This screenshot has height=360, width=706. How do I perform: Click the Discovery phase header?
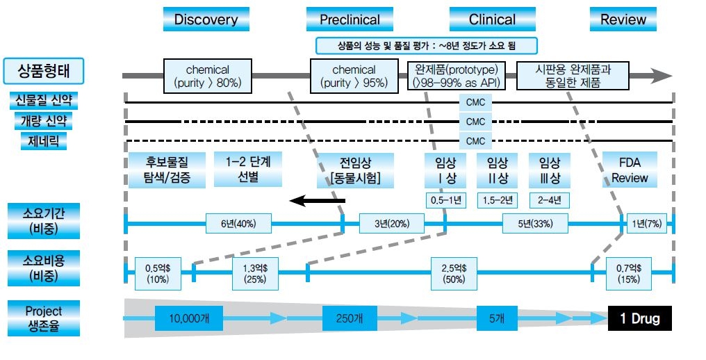[206, 19]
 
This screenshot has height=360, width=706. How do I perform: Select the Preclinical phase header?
[350, 19]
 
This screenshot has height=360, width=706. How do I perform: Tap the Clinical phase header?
[492, 19]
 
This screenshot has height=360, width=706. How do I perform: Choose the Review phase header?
[623, 19]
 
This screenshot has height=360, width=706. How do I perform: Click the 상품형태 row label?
[43, 70]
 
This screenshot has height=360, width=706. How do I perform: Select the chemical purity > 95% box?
[353, 76]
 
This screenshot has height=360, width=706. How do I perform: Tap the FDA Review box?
[630, 170]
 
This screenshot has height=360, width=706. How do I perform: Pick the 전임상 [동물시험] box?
[355, 170]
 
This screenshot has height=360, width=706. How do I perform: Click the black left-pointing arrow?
[317, 202]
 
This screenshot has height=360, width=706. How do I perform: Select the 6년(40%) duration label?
[238, 224]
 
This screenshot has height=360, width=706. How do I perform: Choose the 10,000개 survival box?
[190, 319]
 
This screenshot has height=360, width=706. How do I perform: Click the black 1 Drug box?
[640, 319]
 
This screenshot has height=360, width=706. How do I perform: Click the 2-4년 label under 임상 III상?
[549, 201]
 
